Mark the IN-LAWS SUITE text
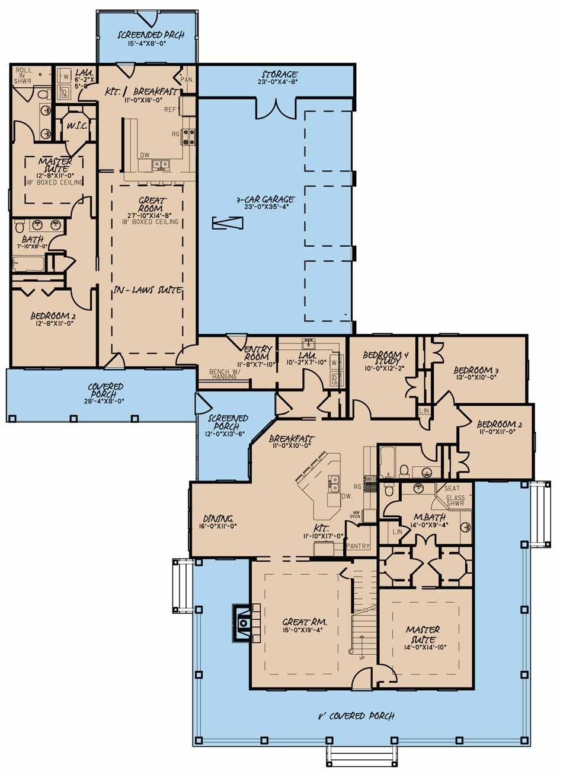148,289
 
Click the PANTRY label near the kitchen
359,546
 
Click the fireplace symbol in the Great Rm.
244,623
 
